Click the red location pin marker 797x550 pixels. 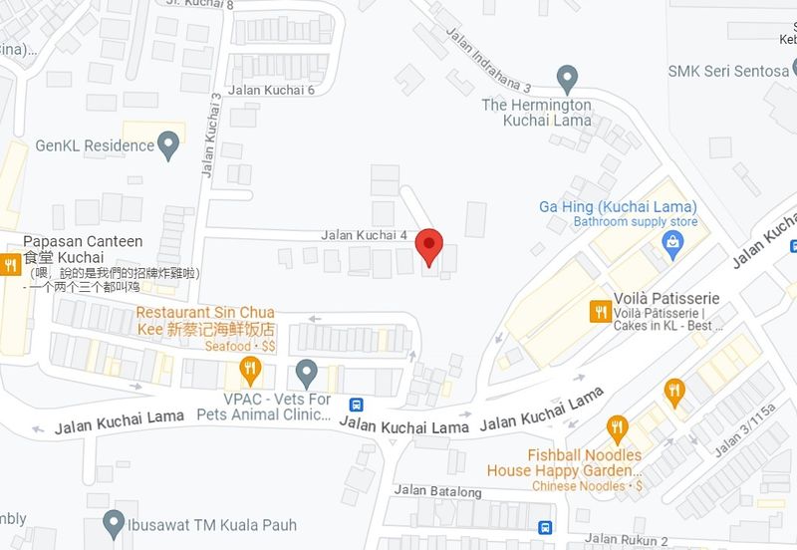click(428, 245)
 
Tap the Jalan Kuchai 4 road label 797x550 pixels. click(365, 235)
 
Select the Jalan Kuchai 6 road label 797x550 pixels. click(271, 90)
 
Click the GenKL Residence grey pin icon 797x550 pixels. click(168, 147)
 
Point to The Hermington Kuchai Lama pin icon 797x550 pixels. click(567, 77)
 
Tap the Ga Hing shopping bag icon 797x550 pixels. click(672, 242)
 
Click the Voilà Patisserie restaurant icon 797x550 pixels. click(600, 311)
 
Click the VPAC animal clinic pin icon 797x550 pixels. click(307, 374)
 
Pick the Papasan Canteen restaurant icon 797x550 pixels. click(11, 264)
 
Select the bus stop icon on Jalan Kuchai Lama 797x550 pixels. click(356, 405)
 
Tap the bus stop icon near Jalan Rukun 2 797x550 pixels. click(545, 527)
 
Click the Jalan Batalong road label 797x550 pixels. click(438, 491)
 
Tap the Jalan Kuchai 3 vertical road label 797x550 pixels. click(210, 136)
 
